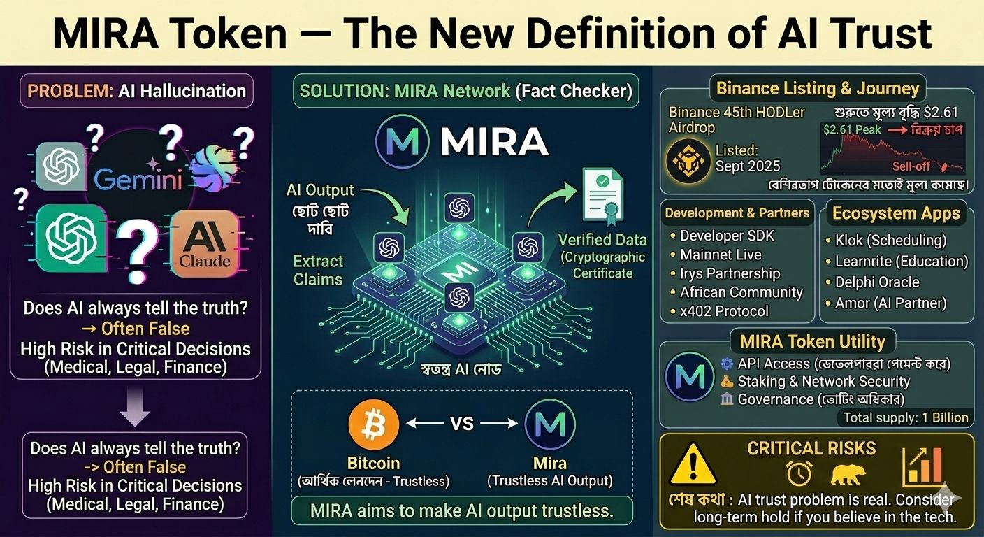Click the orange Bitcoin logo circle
pyautogui.click(x=374, y=424)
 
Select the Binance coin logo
pyautogui.click(x=688, y=159)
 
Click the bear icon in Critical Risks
pyautogui.click(x=847, y=475)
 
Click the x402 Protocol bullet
pyautogui.click(x=724, y=311)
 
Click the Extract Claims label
pyautogui.click(x=318, y=271)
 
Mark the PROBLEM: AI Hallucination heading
pyautogui.click(x=136, y=91)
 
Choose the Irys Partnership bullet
pyautogui.click(x=730, y=273)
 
